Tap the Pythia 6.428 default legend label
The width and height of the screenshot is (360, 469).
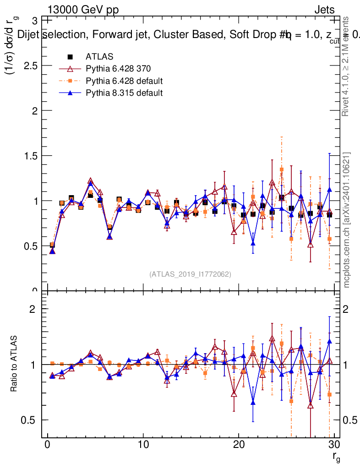click(x=124, y=81)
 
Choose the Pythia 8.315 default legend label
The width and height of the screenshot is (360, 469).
click(x=124, y=93)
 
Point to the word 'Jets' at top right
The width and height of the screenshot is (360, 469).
click(x=324, y=10)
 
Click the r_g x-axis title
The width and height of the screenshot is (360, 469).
click(x=336, y=456)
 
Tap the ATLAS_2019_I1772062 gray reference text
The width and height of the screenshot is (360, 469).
click(x=190, y=274)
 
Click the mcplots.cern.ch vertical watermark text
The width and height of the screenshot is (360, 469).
click(x=347, y=219)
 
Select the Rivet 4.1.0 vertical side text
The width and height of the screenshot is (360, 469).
click(x=347, y=66)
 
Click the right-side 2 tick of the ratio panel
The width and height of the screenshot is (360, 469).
click(x=349, y=309)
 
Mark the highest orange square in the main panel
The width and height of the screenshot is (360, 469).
click(x=282, y=169)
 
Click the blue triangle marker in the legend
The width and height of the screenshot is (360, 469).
click(x=71, y=93)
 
